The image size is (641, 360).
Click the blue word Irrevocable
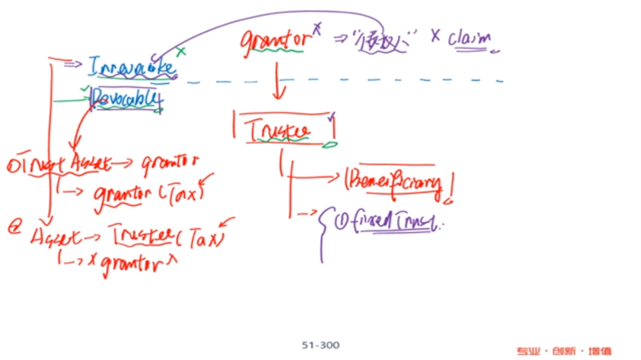click(132, 66)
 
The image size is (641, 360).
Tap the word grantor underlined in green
click(275, 41)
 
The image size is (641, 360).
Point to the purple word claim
click(469, 39)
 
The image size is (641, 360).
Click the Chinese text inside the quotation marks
click(384, 42)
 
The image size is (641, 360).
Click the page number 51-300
click(320, 345)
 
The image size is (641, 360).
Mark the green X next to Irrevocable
click(180, 52)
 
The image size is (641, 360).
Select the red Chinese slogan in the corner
click(564, 351)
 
